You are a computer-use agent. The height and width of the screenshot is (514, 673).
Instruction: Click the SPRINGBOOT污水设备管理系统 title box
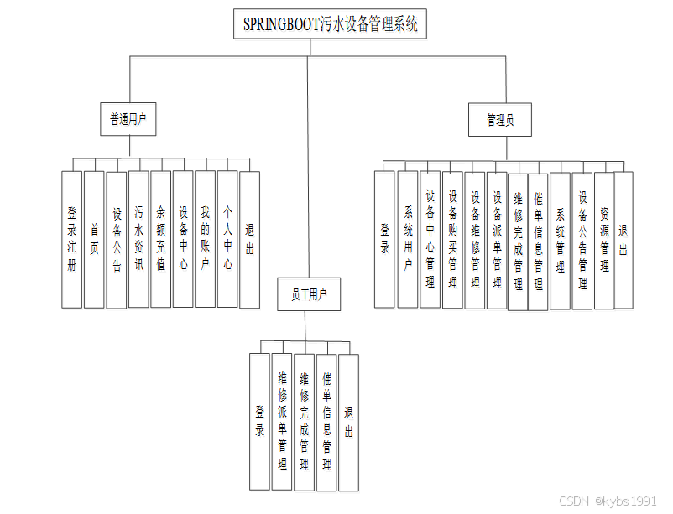[330, 24]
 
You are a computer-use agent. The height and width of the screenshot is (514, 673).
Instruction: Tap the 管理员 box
[500, 120]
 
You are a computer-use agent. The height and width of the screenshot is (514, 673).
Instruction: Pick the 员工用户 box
[309, 294]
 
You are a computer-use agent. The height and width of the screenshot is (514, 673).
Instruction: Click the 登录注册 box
[72, 239]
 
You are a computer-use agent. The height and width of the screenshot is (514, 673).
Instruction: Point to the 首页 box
[95, 239]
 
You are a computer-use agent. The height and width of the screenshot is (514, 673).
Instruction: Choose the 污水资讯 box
[139, 239]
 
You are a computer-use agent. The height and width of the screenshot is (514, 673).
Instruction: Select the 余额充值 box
[161, 239]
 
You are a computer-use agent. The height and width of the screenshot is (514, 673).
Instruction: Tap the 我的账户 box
[206, 239]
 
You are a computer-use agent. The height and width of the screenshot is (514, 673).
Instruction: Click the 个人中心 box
[227, 239]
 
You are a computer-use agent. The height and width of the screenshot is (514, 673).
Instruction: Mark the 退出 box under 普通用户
[249, 239]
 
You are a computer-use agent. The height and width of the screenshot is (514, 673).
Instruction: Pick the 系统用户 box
[408, 239]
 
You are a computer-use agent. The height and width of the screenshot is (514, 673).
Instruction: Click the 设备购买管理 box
[452, 239]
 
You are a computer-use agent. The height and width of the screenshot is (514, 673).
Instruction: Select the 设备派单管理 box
[497, 239]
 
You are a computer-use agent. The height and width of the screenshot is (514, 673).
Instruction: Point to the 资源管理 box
[604, 239]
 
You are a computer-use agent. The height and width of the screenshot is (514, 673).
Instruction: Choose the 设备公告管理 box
[582, 239]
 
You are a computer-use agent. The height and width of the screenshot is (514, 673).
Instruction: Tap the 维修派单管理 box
[282, 422]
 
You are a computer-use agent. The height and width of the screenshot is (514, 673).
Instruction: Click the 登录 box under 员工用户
[260, 422]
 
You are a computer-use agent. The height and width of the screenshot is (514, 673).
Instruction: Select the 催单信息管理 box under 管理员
[539, 239]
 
